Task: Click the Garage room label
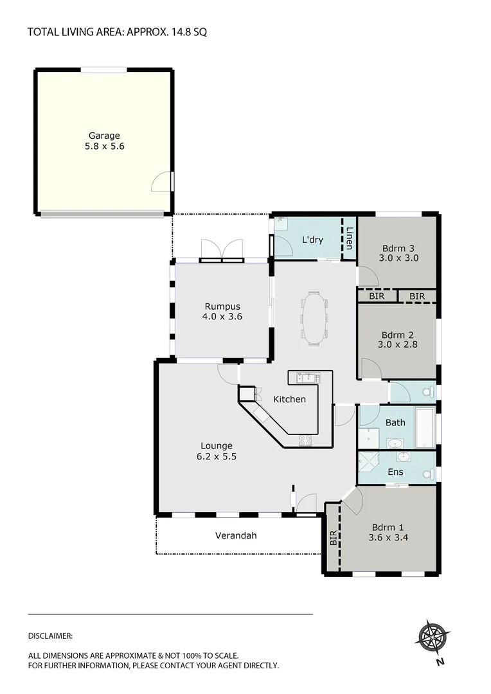(x=104, y=136)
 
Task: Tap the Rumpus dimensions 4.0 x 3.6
(x=223, y=316)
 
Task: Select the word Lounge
(x=216, y=445)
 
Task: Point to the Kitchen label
(x=289, y=399)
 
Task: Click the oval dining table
(x=314, y=318)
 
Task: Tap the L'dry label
(x=312, y=240)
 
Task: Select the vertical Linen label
(x=349, y=238)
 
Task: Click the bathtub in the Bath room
(x=425, y=427)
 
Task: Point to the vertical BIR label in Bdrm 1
(x=332, y=537)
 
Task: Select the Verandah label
(x=236, y=535)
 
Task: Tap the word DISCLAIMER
(x=50, y=636)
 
